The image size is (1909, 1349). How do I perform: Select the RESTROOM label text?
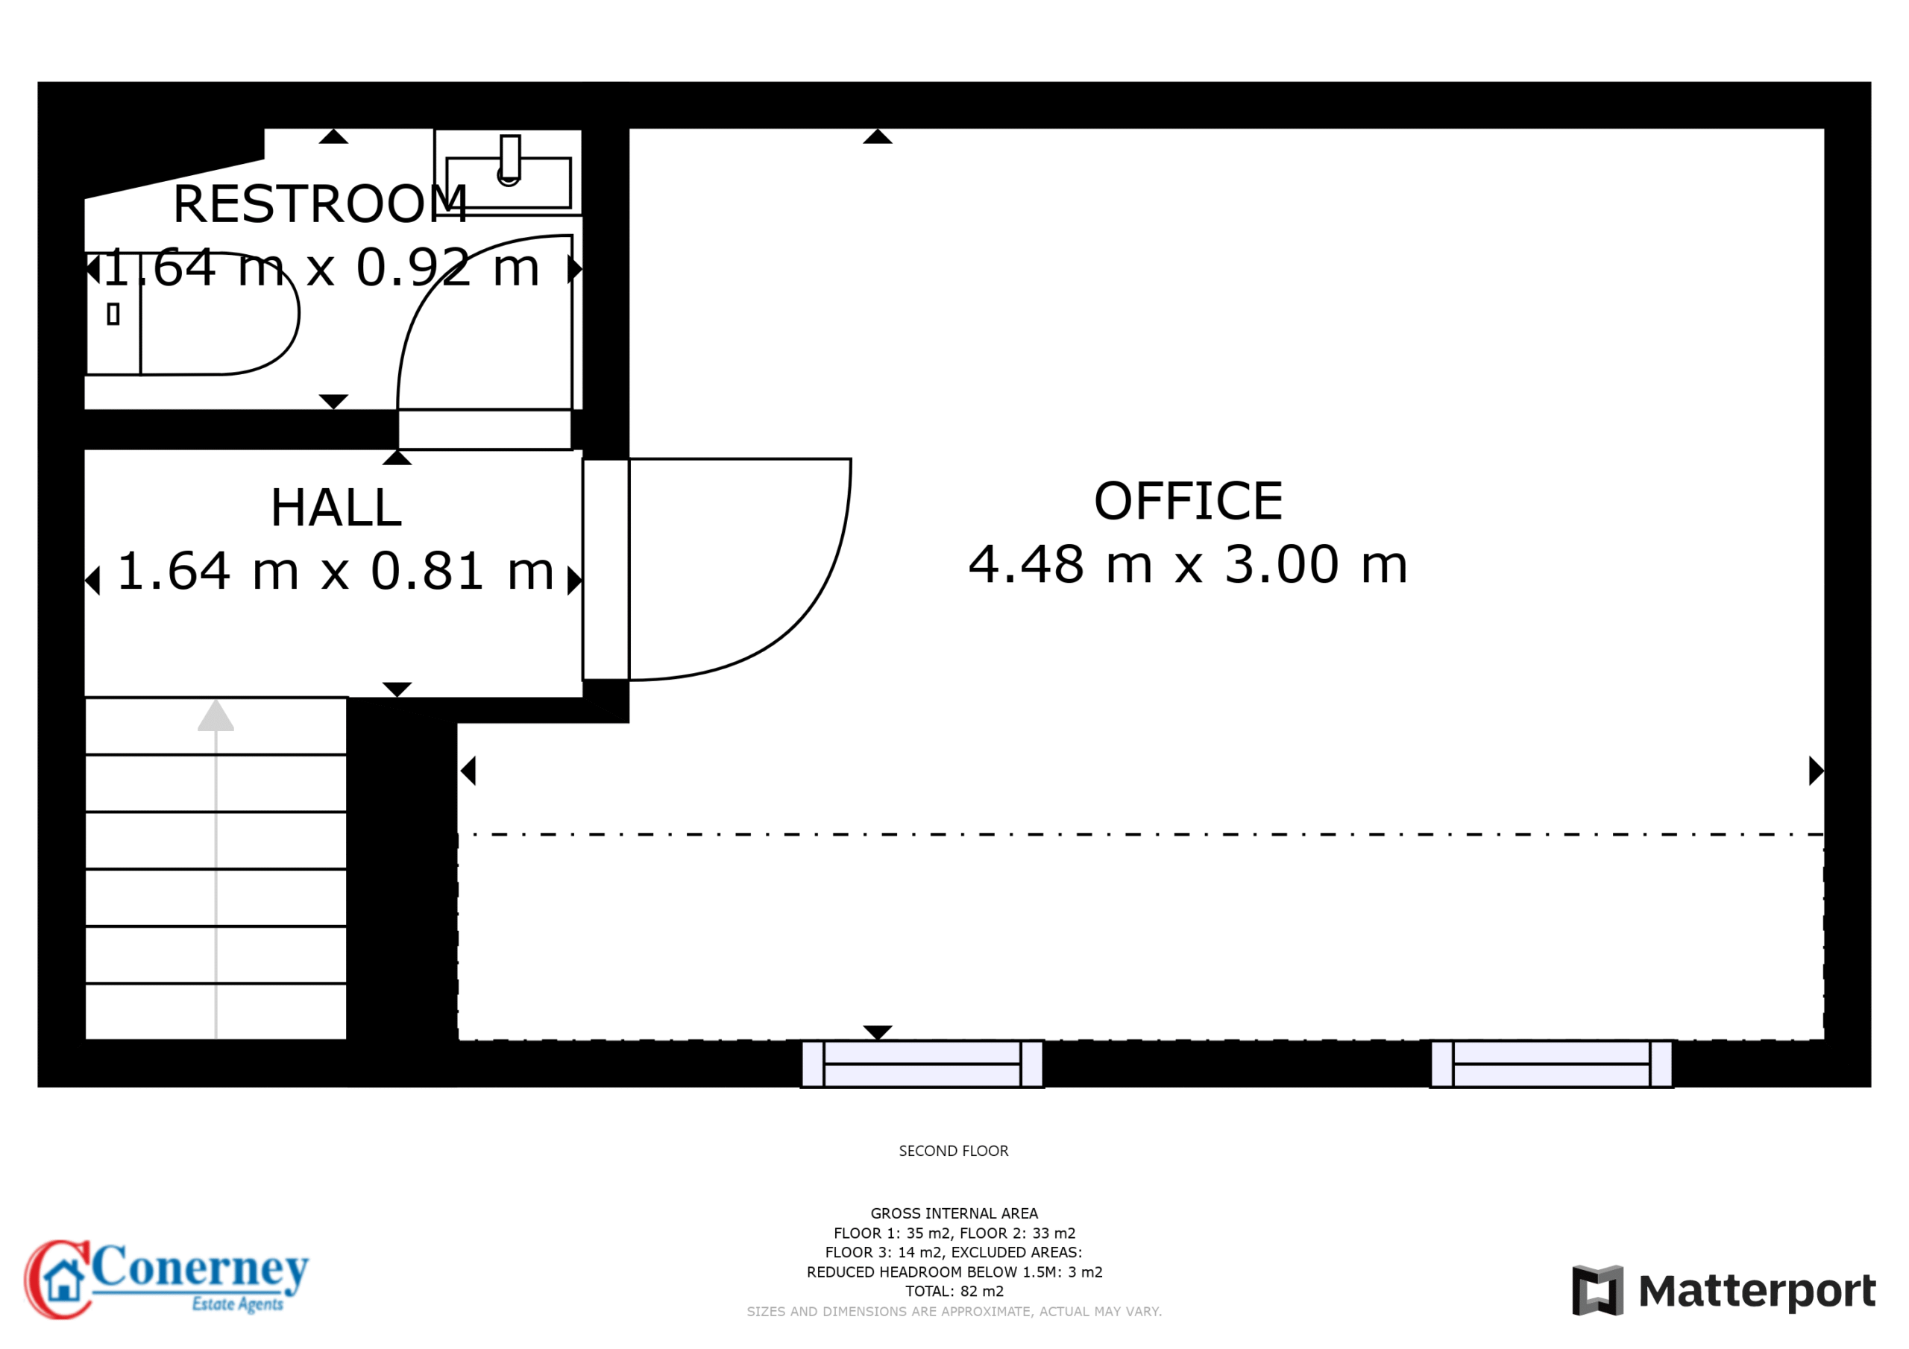coord(320,203)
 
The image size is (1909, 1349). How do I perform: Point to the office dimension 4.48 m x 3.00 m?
coord(1188,564)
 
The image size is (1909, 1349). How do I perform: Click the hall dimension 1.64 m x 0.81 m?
coord(336,571)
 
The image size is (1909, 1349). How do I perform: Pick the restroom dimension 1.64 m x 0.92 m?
coord(321,268)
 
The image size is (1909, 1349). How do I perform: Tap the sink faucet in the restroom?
coord(509,158)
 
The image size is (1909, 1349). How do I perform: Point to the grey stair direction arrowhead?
coord(216,715)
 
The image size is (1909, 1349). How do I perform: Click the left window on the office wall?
coord(922,1064)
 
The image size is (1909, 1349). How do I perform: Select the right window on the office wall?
coord(1552,1064)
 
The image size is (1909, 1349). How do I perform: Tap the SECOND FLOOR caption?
coord(954,1151)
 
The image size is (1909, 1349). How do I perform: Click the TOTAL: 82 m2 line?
coord(954,1292)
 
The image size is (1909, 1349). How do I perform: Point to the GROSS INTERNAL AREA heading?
coord(954,1213)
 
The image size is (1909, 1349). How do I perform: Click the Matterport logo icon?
coord(1597,1290)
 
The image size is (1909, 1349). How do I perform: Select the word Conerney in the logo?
coord(200,1269)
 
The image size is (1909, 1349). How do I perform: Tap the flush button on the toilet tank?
coord(113,315)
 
